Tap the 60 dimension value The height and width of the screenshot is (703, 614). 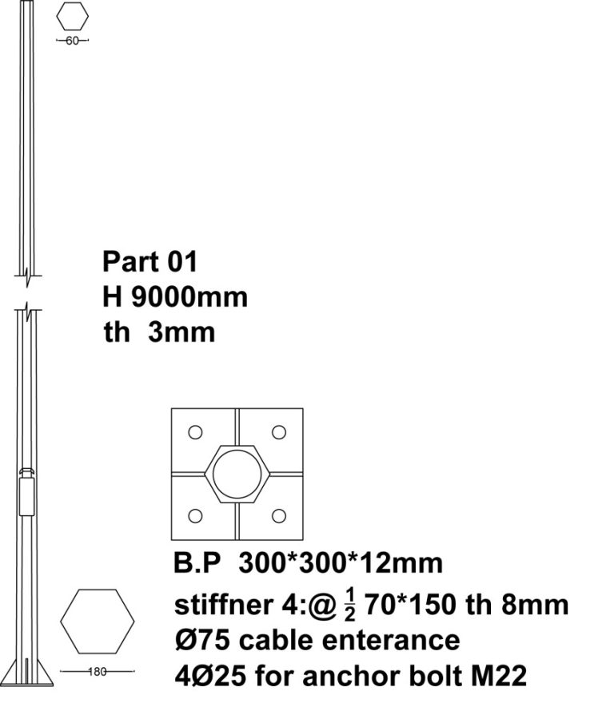click(x=72, y=41)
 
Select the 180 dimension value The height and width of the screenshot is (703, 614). click(x=98, y=672)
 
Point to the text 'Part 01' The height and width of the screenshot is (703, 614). click(x=150, y=261)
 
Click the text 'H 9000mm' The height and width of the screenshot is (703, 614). click(x=175, y=297)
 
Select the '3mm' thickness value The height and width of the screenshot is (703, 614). click(x=181, y=332)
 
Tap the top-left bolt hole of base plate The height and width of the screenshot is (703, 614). click(x=195, y=432)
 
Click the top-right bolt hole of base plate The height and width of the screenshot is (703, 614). click(x=279, y=432)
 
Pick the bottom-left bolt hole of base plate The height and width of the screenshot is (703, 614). click(x=195, y=516)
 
